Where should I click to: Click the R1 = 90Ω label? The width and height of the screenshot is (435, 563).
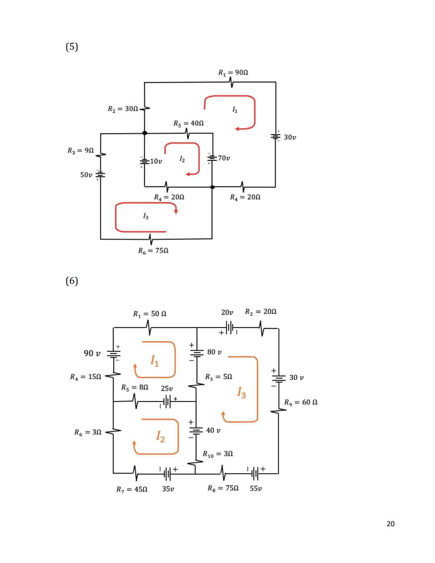[233, 73]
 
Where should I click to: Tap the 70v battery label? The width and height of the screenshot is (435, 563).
[224, 158]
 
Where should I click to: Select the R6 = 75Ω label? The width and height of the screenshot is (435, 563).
[153, 251]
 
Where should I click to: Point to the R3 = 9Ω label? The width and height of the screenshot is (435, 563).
[81, 151]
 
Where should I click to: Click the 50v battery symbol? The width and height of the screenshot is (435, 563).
[100, 175]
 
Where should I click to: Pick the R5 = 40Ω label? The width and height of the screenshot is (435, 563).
[188, 123]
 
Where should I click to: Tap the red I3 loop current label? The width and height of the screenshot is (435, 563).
[146, 216]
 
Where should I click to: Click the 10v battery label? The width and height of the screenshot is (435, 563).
[156, 162]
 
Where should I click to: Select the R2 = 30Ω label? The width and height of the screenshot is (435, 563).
[123, 109]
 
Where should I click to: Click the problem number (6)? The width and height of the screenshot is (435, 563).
[72, 280]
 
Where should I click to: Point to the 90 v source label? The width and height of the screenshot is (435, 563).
[92, 353]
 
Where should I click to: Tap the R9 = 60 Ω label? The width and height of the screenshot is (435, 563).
[300, 402]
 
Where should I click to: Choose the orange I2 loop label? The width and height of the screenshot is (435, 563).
[160, 436]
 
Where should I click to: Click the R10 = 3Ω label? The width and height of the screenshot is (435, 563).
[217, 454]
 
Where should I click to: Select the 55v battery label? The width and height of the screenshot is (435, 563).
[256, 488]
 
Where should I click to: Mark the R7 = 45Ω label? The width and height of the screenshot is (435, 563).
[132, 489]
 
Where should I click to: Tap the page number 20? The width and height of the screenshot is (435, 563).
[390, 524]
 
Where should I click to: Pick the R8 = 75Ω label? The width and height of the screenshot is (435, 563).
[223, 488]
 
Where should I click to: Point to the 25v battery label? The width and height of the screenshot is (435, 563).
[167, 388]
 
